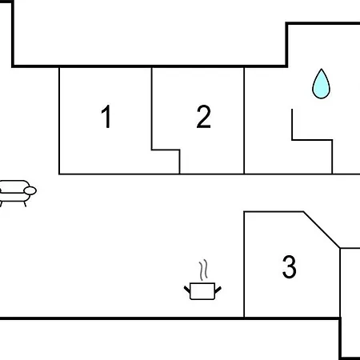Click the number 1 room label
106,116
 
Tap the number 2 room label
203,117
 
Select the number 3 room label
290,266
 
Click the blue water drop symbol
322,84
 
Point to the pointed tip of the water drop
322,69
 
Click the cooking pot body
202,291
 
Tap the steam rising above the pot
203,270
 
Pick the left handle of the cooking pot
187,290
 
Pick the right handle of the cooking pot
218,290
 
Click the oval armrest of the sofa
30,190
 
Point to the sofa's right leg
25,204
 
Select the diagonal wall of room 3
322,230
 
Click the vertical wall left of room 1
59,121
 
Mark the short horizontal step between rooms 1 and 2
166,150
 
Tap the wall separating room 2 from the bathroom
244,121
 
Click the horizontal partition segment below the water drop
312,140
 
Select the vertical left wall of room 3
244,265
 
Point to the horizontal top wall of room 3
274,212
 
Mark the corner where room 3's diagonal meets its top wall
303,212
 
